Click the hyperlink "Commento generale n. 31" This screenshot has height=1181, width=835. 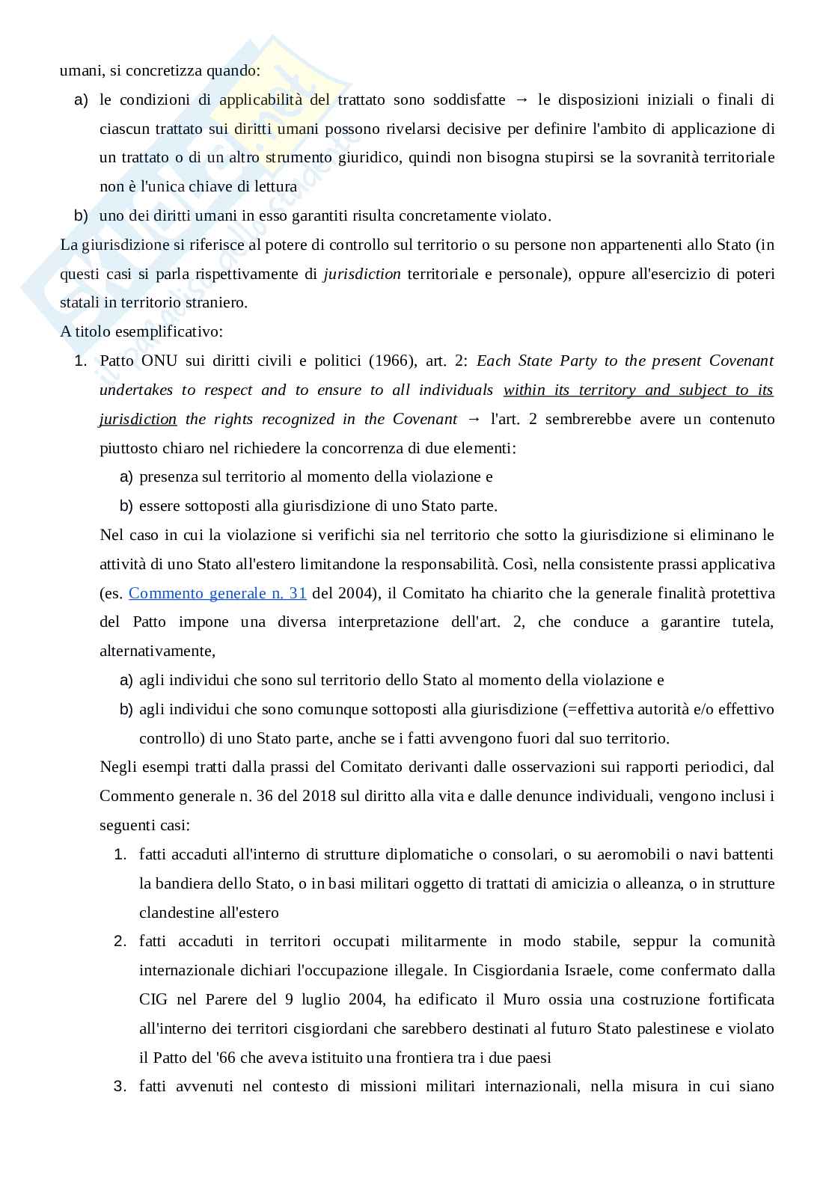[x=217, y=593]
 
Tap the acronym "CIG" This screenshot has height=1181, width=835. [x=153, y=999]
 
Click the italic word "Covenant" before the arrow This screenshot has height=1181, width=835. [x=425, y=419]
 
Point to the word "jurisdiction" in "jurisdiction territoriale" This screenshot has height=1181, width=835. [x=362, y=274]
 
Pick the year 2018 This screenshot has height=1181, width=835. [x=320, y=796]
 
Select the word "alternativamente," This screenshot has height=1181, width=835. [x=157, y=651]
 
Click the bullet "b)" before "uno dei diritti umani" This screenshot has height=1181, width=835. [x=81, y=215]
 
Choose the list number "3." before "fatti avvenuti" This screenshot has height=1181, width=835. [x=120, y=1086]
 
